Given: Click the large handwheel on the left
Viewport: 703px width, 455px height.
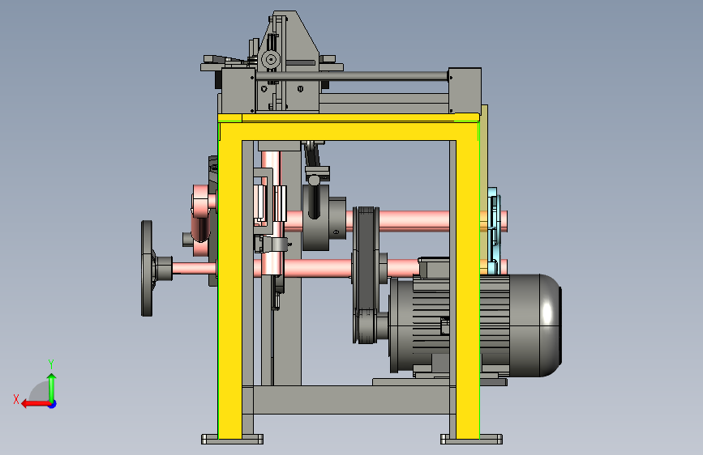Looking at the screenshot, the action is tap(147, 268).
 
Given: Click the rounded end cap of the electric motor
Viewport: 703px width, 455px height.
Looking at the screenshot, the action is tap(545, 325).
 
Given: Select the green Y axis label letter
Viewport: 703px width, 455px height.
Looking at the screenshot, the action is tap(51, 364).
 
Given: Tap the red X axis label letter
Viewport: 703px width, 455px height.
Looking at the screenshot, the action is tap(16, 399).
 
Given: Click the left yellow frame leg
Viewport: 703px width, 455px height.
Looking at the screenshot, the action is tap(230, 287).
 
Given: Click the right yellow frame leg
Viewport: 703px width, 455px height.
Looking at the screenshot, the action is tap(468, 287).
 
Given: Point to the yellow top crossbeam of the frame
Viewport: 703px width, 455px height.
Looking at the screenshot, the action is tap(349, 131).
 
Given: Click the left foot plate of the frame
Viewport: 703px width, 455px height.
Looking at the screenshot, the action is tap(232, 439).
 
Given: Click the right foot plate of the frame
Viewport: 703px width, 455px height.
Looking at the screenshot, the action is tap(471, 439).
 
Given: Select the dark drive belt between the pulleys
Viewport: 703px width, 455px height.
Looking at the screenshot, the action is tap(367, 273).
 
